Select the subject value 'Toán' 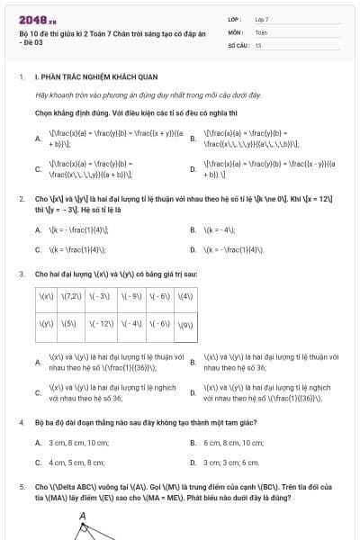coord(261,31)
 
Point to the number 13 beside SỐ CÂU coord(258,44)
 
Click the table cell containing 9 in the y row coord(185,324)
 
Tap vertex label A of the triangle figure coord(83,516)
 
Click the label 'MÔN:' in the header coord(236,31)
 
